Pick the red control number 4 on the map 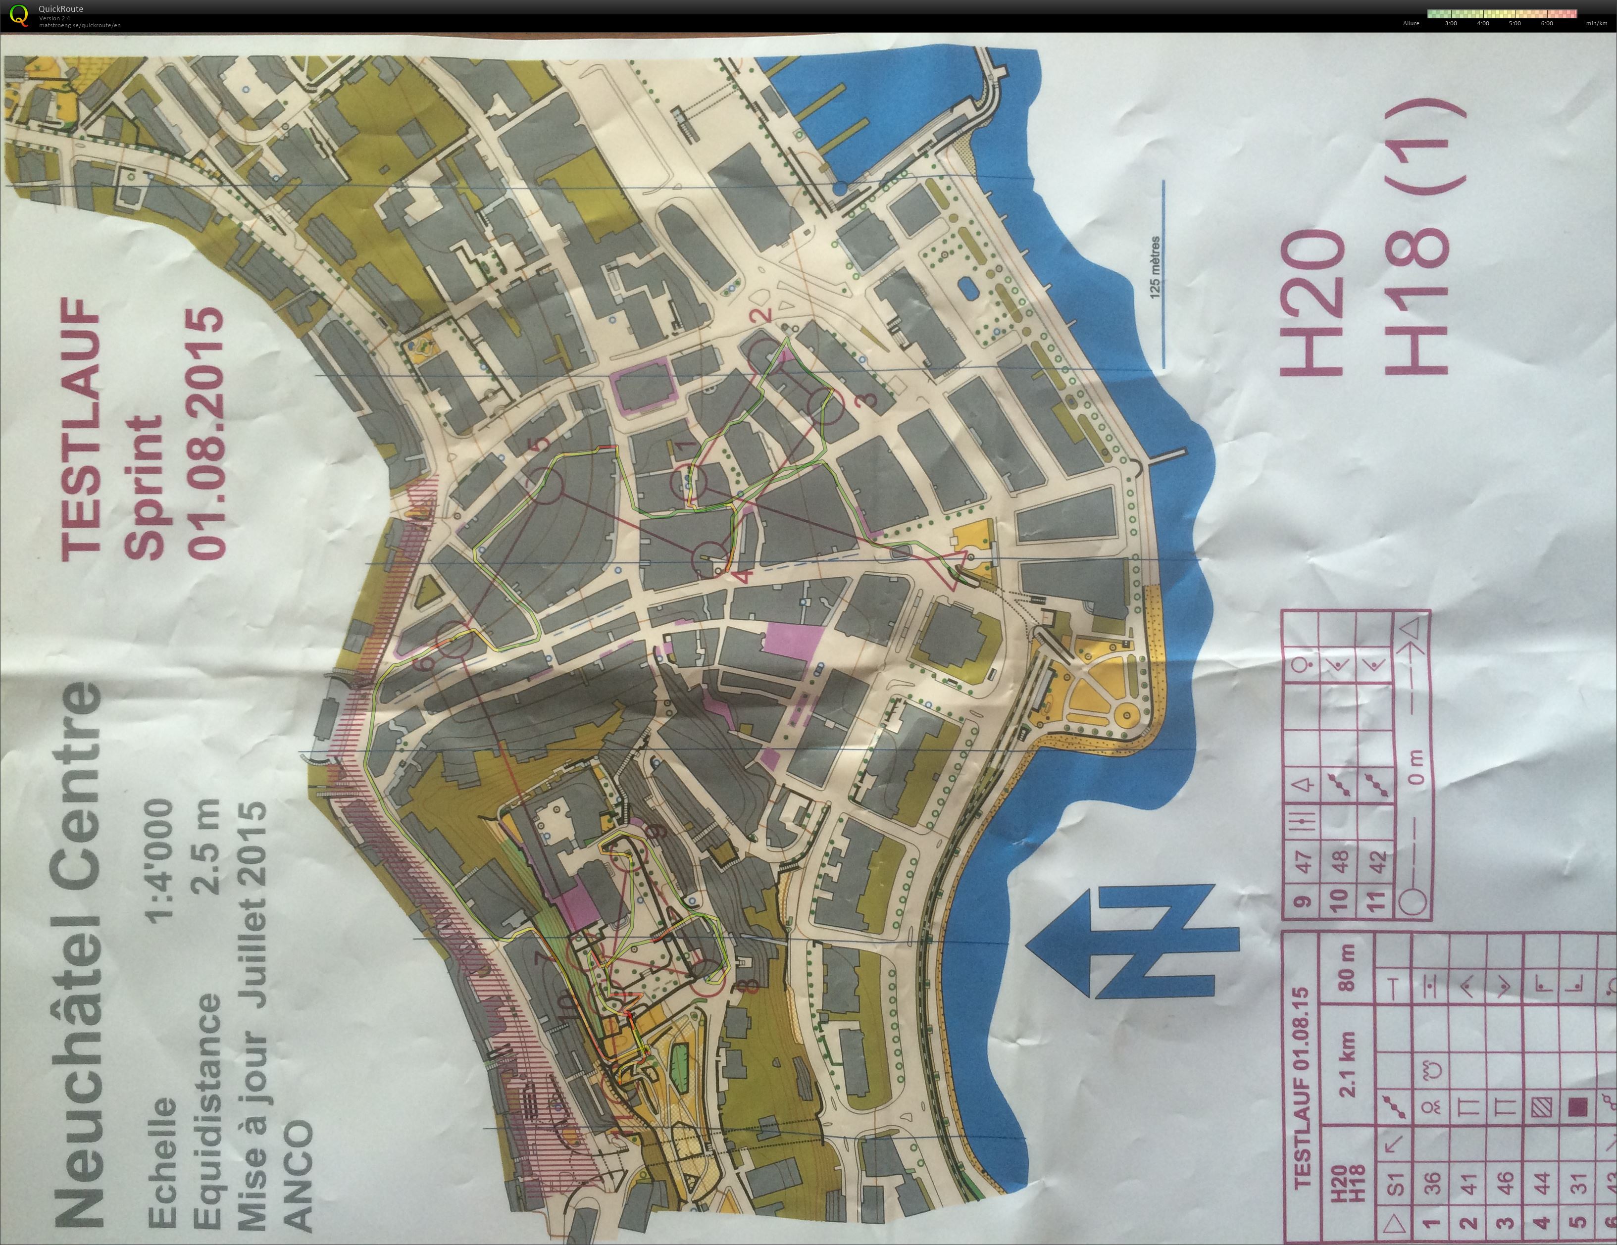click(x=745, y=574)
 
